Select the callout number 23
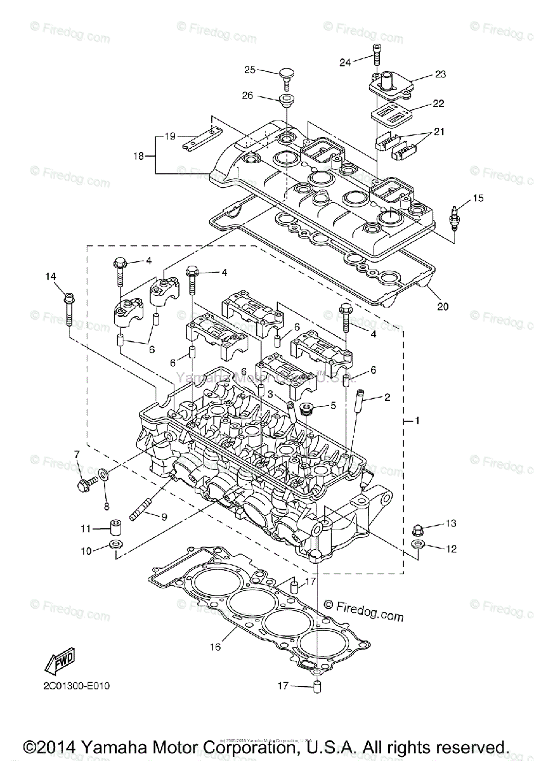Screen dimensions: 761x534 pyautogui.click(x=440, y=74)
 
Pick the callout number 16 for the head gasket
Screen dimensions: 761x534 pyautogui.click(x=216, y=647)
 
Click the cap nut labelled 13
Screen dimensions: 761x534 pyautogui.click(x=419, y=528)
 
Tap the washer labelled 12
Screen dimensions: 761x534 pyautogui.click(x=418, y=545)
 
